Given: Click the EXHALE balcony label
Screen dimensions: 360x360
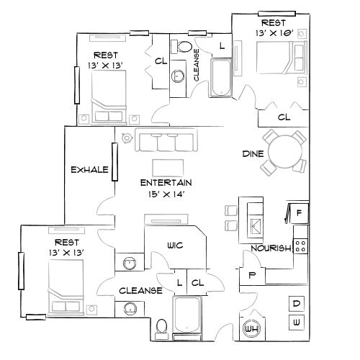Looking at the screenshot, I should pos(89,170).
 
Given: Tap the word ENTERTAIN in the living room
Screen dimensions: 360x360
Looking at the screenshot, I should pos(166,182).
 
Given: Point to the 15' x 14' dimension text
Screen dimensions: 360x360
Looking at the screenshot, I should pos(166,193).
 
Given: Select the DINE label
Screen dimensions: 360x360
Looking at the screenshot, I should pos(251,153).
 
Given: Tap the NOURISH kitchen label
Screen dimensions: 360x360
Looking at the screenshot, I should pos(270,249).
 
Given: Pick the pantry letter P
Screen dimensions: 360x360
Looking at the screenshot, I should pos(251,274).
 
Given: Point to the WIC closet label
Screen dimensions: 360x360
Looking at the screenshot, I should pos(175,246).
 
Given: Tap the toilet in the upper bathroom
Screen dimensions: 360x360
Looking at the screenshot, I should pos(185,48).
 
